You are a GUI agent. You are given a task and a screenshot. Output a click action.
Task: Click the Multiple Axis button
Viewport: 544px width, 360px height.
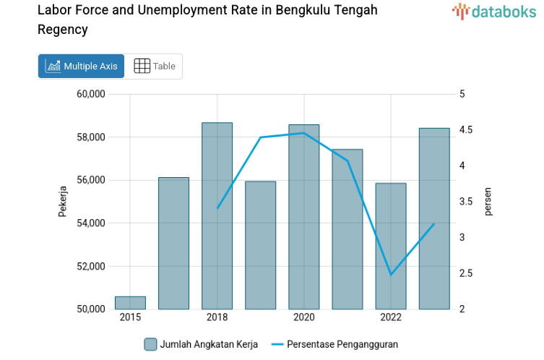(x=81, y=66)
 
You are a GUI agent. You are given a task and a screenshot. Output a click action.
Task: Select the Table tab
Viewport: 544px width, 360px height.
(x=155, y=66)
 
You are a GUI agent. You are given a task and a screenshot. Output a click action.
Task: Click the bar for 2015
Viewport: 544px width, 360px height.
(x=130, y=302)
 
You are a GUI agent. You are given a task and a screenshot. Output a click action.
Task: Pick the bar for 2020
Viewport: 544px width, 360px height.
(x=303, y=217)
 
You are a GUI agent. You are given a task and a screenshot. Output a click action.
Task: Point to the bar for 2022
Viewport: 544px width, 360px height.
(x=391, y=246)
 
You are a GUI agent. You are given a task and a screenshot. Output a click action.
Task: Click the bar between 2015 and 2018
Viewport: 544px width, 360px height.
(x=173, y=243)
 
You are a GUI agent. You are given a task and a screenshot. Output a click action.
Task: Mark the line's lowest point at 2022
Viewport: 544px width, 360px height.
(x=391, y=275)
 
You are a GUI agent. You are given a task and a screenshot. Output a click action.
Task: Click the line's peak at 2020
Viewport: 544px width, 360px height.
(x=303, y=133)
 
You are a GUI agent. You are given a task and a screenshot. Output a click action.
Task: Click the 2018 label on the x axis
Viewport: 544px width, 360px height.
(x=217, y=318)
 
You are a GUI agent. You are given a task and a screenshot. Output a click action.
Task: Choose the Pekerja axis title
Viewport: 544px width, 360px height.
(x=63, y=201)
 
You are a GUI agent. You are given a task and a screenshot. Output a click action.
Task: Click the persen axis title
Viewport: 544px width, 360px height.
(x=488, y=201)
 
